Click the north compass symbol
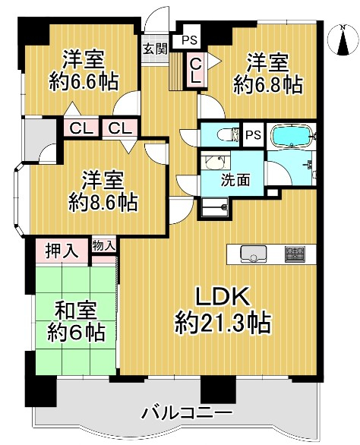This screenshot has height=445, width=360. (343, 40)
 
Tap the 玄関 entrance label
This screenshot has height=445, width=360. (155, 49)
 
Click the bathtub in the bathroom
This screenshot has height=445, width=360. (292, 136)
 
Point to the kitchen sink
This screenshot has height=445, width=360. (254, 254)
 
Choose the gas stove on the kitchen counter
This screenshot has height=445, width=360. (295, 254)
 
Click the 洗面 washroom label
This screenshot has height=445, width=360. (235, 180)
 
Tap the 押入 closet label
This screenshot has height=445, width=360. (62, 251)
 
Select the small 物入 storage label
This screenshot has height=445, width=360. (104, 245)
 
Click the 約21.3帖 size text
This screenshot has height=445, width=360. (223, 323)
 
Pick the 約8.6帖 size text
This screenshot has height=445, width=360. (103, 202)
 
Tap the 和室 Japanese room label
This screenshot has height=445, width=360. (76, 311)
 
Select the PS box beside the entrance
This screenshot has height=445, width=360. (189, 39)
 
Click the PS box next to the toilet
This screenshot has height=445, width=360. (253, 134)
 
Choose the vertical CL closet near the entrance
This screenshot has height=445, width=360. (195, 70)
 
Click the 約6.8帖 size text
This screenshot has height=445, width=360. (267, 85)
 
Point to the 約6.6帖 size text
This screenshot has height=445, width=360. (84, 82)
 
